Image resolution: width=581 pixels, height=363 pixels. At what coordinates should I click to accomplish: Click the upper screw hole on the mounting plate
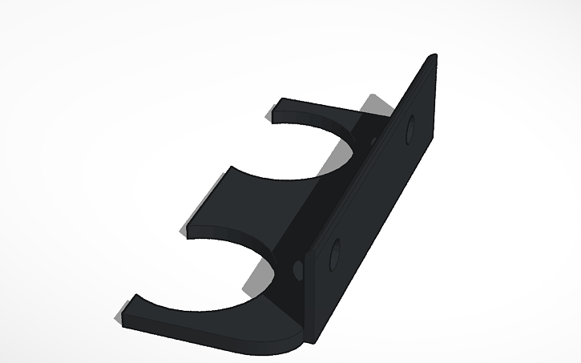click(412, 128)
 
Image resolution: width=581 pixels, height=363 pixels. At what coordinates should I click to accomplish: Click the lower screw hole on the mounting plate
click(334, 255)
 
